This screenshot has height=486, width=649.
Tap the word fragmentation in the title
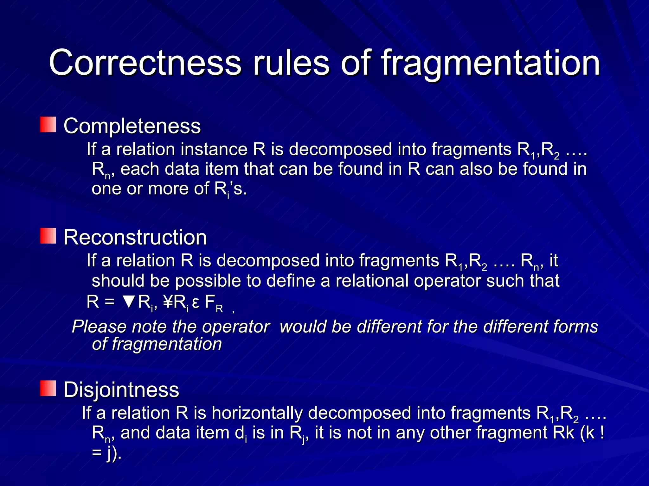[491, 63]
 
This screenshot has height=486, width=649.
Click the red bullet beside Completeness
[48, 125]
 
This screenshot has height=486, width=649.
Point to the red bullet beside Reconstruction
[48, 236]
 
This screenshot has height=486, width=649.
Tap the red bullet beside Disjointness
[48, 389]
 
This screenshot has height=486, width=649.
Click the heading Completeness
[132, 126]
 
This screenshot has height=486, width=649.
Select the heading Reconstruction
[135, 237]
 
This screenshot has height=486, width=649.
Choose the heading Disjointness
[121, 389]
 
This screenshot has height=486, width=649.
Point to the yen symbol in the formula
[168, 302]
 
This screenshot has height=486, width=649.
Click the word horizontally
[257, 413]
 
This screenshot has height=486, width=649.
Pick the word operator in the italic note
[236, 327]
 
